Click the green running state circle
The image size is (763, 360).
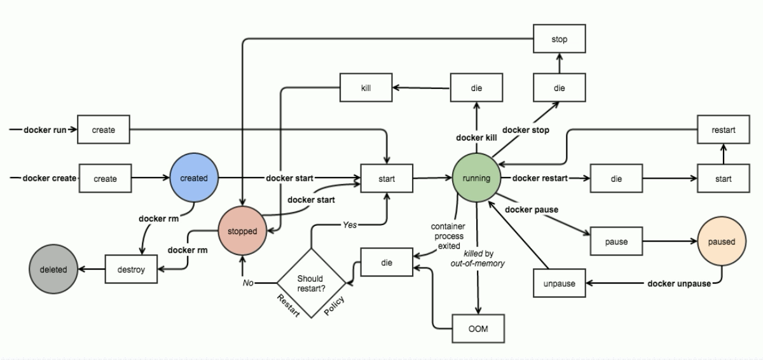click(476, 178)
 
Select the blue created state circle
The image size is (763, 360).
click(194, 178)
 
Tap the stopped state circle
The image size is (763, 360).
click(242, 231)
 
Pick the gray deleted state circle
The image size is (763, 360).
click(53, 269)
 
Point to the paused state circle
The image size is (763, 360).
click(720, 242)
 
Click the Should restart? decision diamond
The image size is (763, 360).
click(310, 282)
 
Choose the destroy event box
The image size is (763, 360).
click(131, 269)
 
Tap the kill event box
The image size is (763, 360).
click(366, 88)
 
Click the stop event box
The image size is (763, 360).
click(559, 39)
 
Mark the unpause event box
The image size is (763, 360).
click(559, 283)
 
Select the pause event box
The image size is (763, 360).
click(616, 242)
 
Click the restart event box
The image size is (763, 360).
click(723, 130)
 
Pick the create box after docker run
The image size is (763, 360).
click(104, 130)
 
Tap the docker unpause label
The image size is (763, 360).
click(679, 284)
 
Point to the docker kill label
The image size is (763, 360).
click(477, 138)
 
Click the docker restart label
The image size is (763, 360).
click(540, 178)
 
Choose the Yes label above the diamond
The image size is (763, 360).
click(350, 225)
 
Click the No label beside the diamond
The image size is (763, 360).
click(248, 282)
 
